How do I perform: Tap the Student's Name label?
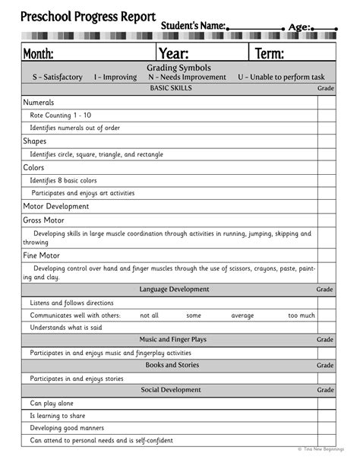point(193,27)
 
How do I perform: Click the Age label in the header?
point(300,27)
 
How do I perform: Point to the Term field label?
point(270,53)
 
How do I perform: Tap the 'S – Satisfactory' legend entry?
point(57,78)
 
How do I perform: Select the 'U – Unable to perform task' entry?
point(281,78)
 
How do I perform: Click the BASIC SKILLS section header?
point(171,88)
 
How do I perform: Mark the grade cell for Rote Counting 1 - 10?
point(326,115)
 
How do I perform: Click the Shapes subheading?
point(34,141)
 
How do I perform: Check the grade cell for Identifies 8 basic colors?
point(326,180)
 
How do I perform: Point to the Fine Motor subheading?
point(41,256)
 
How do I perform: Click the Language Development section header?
point(174,289)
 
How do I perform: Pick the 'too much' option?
point(302,315)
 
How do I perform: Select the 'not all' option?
point(150,315)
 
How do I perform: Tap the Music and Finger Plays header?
point(172,340)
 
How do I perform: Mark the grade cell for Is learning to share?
point(326,416)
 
